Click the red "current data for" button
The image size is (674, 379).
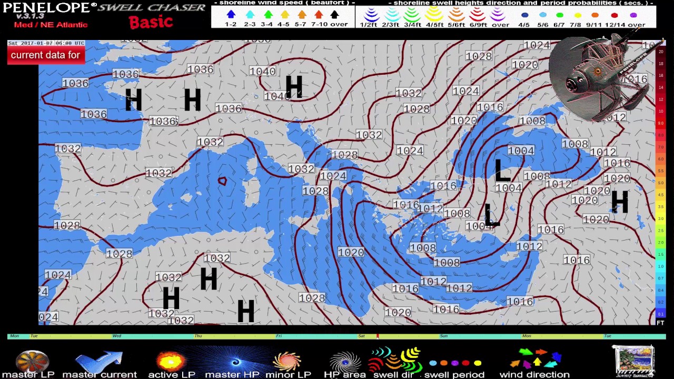click(46, 55)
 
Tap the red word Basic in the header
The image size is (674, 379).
click(151, 22)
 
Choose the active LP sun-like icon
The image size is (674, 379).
click(171, 361)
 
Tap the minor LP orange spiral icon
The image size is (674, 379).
click(288, 361)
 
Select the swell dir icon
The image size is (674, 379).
click(394, 360)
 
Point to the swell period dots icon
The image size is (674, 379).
click(455, 363)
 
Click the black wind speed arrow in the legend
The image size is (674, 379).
click(334, 15)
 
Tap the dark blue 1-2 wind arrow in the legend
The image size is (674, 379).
click(231, 15)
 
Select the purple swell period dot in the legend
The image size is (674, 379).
click(633, 15)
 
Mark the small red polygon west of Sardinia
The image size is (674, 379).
click(222, 181)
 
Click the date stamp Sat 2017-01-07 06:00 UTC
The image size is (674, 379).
click(46, 43)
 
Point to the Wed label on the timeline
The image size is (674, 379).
click(116, 336)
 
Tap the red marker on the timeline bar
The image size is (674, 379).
click(377, 336)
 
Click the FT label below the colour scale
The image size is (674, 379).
click(660, 323)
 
